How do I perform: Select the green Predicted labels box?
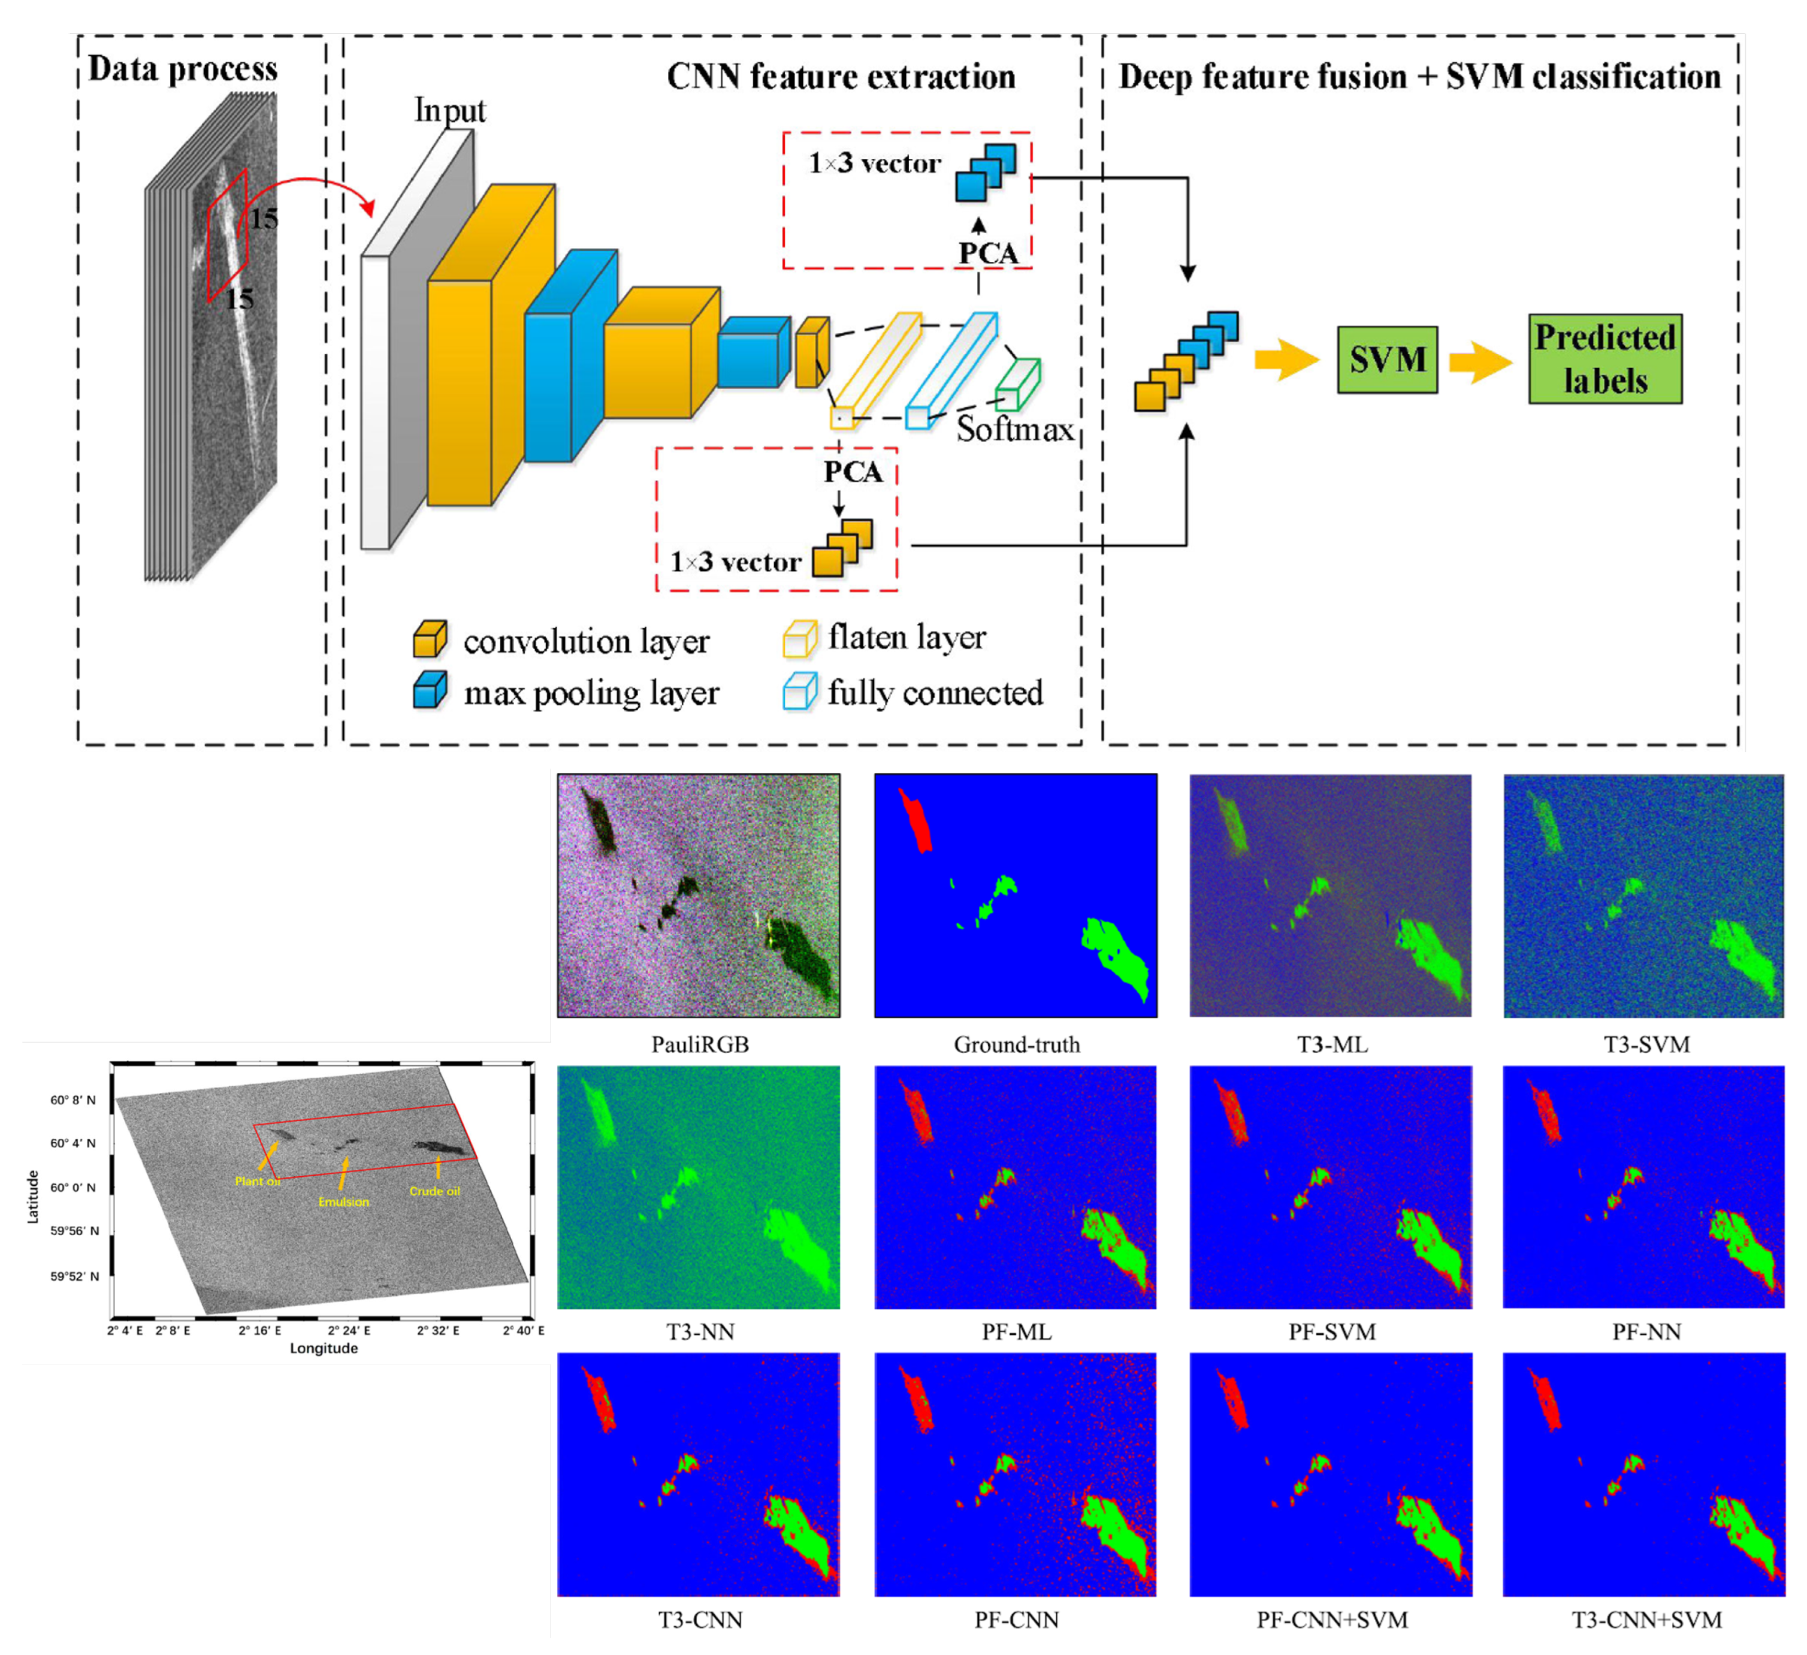tap(1604, 358)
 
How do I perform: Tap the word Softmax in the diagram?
tap(1015, 430)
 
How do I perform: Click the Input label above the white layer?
tap(449, 110)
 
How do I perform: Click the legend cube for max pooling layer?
tap(430, 691)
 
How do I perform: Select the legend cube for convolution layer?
tap(430, 639)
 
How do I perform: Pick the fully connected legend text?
tap(935, 693)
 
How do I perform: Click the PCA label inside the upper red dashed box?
tap(988, 253)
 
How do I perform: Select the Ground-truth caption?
tap(1016, 1044)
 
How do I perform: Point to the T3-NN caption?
tap(700, 1332)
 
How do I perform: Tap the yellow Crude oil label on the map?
tap(435, 1191)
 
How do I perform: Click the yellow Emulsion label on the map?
tap(343, 1201)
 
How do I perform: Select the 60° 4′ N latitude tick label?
tap(72, 1143)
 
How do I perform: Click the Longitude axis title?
tap(324, 1348)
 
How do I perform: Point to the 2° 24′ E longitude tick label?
tap(349, 1330)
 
